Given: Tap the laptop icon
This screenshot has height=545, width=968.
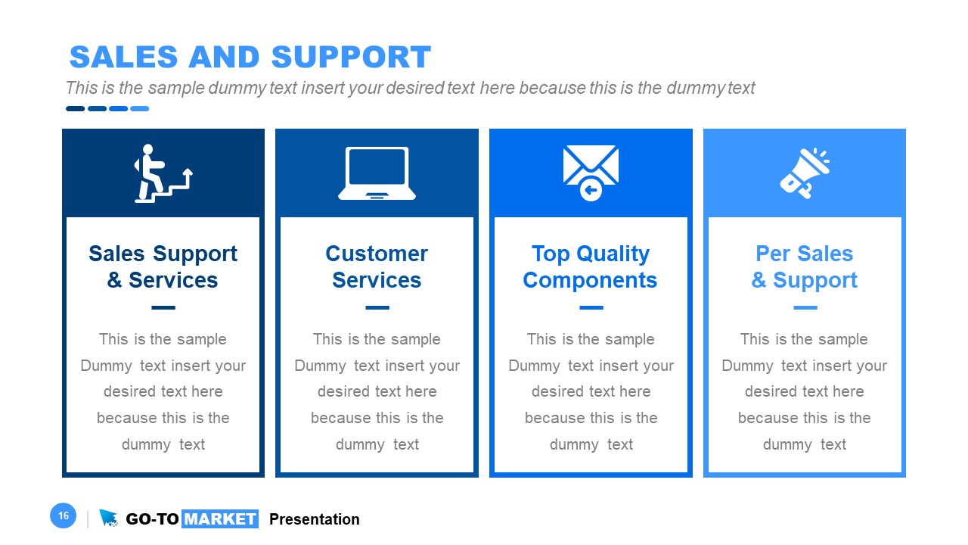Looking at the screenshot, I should click(x=377, y=173).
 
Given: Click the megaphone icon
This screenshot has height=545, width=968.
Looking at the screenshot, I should click(x=804, y=173).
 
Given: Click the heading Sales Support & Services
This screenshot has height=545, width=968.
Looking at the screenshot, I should click(x=163, y=266).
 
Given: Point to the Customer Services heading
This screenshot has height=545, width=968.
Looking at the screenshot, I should click(x=377, y=266).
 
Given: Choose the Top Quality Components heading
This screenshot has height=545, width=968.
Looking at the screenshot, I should click(x=590, y=266).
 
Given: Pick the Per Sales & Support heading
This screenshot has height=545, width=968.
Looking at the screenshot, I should click(x=804, y=266).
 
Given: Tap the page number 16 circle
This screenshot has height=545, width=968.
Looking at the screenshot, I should click(x=64, y=516).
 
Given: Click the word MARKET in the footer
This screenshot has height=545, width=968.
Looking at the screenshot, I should click(x=220, y=519).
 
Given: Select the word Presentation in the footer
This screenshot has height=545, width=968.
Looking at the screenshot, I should click(x=314, y=519).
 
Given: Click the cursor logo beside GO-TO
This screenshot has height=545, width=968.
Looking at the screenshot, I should click(x=109, y=518).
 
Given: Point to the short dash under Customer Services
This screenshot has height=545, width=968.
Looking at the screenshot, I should click(x=377, y=308).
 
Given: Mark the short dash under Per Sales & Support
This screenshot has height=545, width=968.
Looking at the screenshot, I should click(x=805, y=308).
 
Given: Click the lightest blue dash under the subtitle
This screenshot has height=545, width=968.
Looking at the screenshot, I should click(x=139, y=109).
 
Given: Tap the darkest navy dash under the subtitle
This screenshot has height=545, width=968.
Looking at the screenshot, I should click(x=75, y=109).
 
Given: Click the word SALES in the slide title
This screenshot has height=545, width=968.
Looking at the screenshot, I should click(x=123, y=58).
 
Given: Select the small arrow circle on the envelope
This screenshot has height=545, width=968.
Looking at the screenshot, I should click(x=591, y=190).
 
